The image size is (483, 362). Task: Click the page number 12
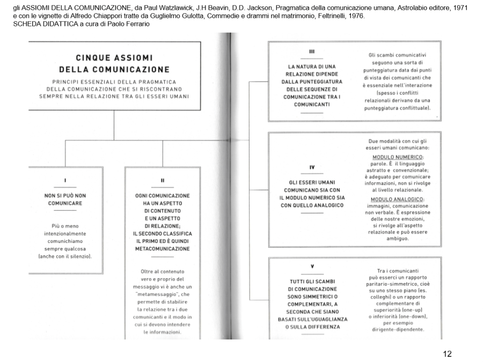[447, 353]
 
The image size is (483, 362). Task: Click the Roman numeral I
[65, 180]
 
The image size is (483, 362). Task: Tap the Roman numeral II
[162, 180]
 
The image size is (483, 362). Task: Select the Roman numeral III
[312, 52]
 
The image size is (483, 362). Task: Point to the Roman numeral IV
[312, 167]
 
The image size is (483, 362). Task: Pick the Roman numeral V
[312, 267]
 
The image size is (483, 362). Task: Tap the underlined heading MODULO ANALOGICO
[396, 199]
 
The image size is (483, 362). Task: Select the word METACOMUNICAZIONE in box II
[163, 249]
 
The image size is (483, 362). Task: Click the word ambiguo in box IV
[396, 238]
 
